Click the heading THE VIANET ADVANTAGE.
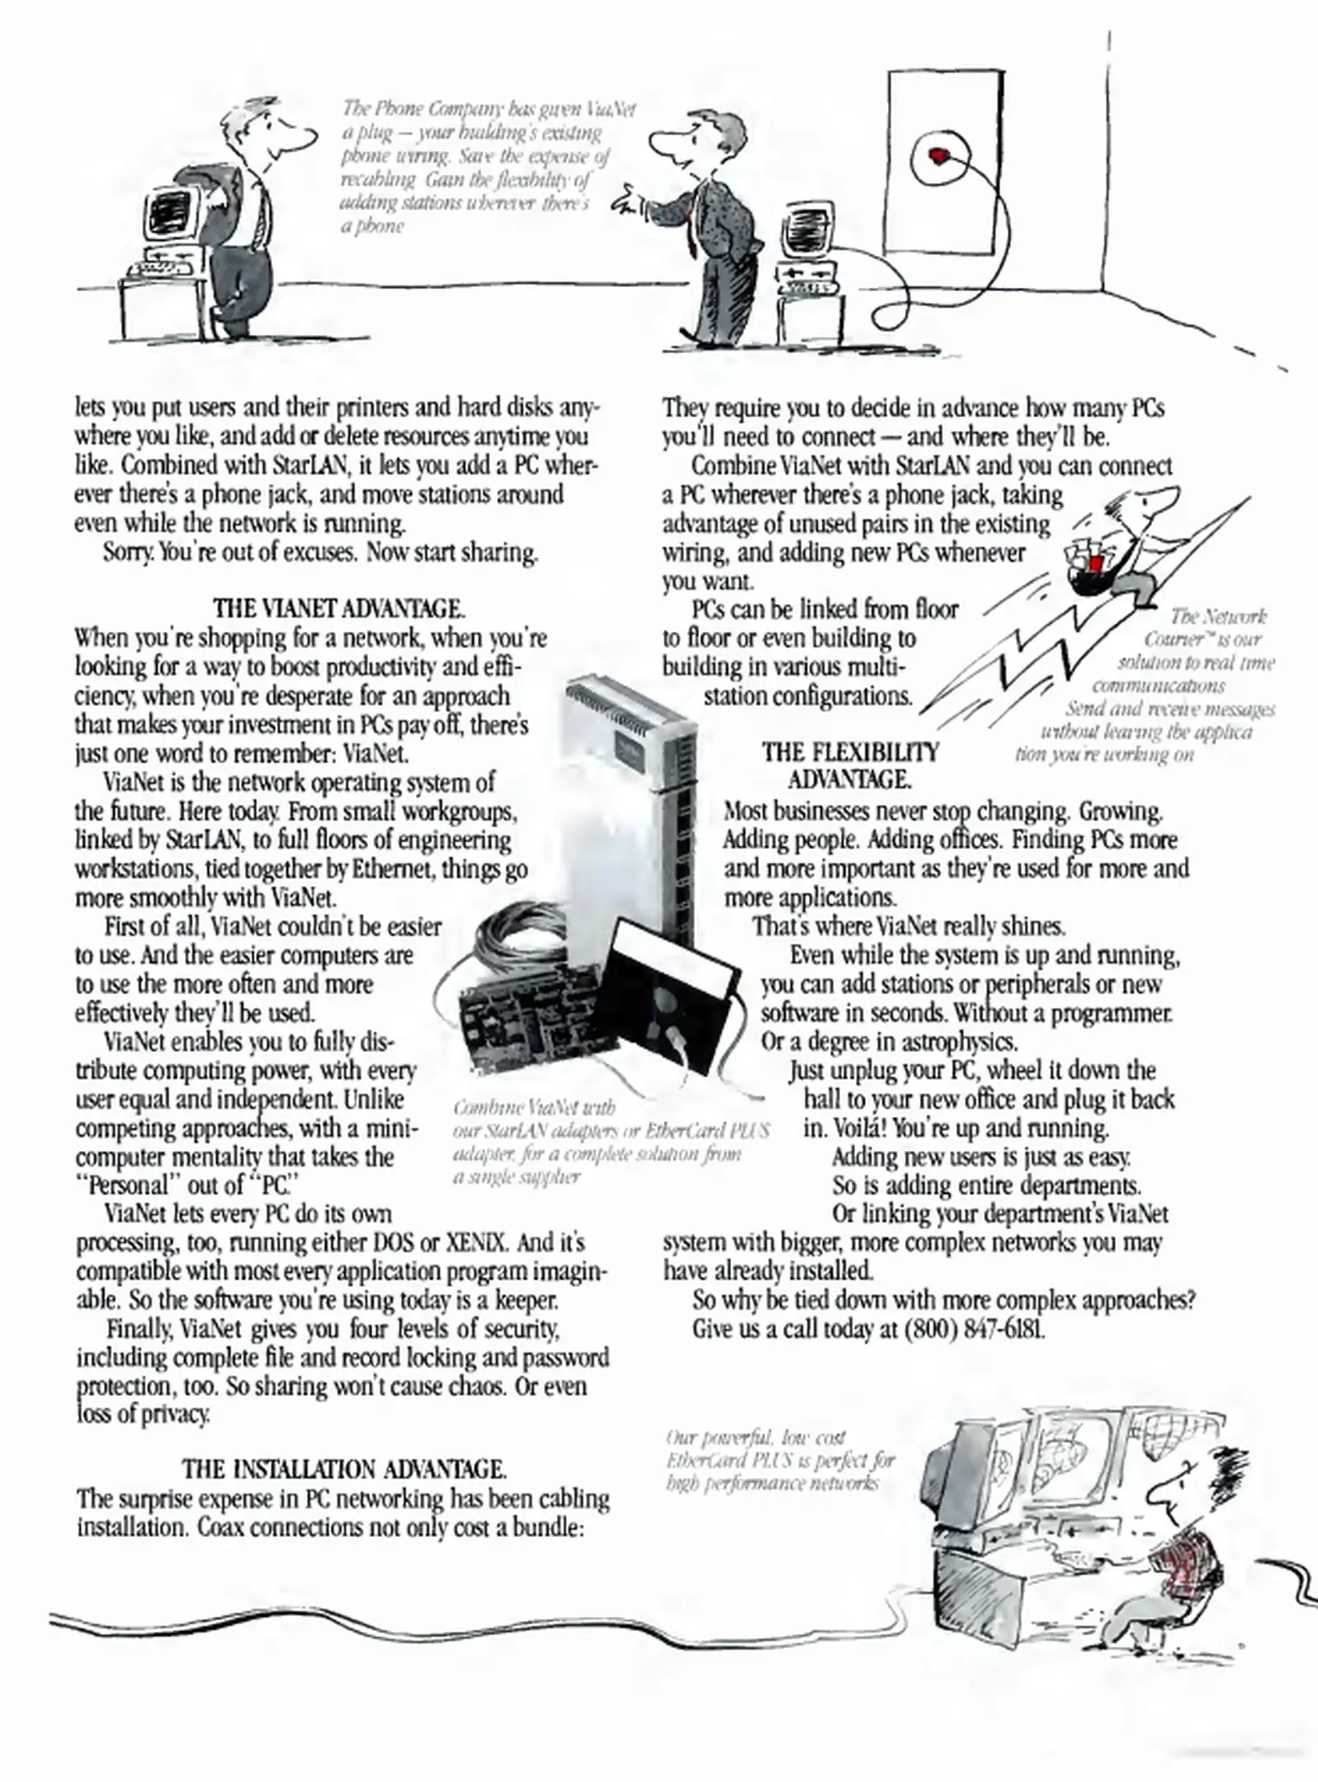[x=338, y=609]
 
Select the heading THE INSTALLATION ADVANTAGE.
[x=344, y=1469]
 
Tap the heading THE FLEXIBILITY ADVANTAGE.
[x=850, y=765]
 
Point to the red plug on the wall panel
[x=938, y=155]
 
